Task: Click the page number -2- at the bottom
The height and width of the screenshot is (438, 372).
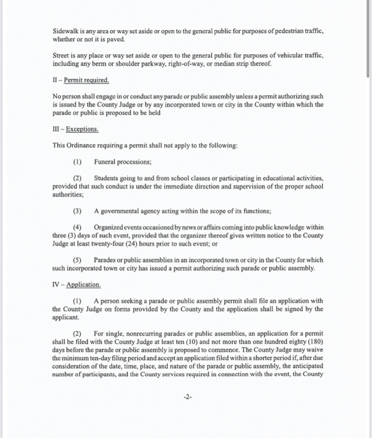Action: coord(188,397)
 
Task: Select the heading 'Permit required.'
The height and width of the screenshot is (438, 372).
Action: coord(86,80)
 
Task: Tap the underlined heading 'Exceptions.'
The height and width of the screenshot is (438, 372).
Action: coord(82,129)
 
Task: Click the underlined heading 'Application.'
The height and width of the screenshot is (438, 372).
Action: coord(84,285)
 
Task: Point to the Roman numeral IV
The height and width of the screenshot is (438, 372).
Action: coord(56,285)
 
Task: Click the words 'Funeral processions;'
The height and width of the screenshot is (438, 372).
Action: coord(123,162)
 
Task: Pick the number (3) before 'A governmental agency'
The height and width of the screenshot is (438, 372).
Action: coord(78,211)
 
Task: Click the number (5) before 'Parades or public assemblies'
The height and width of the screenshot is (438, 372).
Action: coord(78,260)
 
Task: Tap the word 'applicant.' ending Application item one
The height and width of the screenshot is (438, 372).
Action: coord(66,317)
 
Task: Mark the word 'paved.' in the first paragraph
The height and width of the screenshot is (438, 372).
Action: coord(115,40)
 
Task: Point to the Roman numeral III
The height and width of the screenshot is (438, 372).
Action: coord(56,129)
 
